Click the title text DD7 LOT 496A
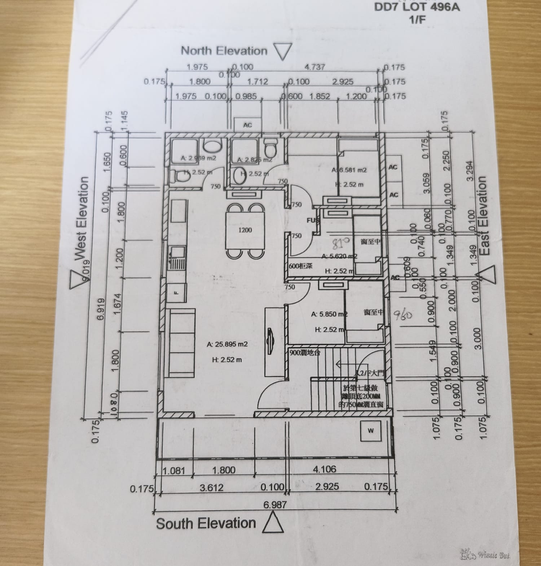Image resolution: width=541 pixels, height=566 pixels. pyautogui.click(x=417, y=7)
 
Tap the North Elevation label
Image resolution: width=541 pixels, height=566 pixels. pyautogui.click(x=224, y=51)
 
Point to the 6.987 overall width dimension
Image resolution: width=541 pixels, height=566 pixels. pyautogui.click(x=275, y=504)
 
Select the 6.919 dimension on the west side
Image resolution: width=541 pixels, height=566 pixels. pyautogui.click(x=101, y=309)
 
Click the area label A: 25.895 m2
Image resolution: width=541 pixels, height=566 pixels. pyautogui.click(x=227, y=344)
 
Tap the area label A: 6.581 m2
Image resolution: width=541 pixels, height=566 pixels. pyautogui.click(x=349, y=170)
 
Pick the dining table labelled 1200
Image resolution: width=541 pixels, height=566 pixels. pyautogui.click(x=245, y=230)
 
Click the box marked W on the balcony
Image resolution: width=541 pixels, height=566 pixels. pyautogui.click(x=371, y=431)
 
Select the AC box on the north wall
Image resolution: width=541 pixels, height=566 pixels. pyautogui.click(x=247, y=125)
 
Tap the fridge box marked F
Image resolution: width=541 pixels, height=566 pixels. pyautogui.click(x=176, y=293)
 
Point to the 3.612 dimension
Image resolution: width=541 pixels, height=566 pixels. pyautogui.click(x=211, y=488)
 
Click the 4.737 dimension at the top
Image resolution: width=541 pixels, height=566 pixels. pyautogui.click(x=315, y=67)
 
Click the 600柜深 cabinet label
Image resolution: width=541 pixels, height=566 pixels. pyautogui.click(x=301, y=266)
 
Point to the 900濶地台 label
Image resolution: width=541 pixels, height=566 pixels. pyautogui.click(x=305, y=353)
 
